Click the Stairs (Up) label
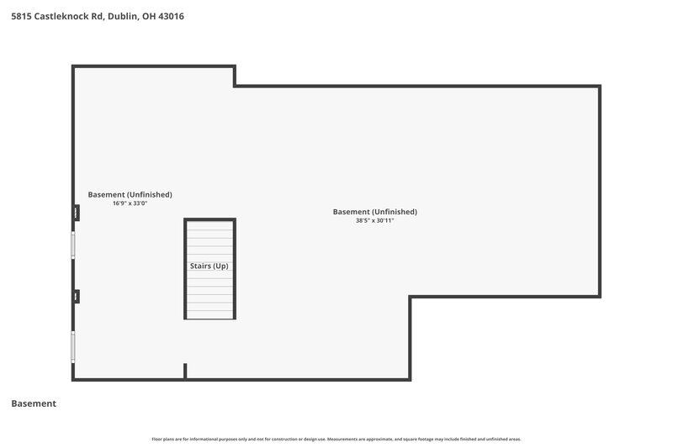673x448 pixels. [209, 266]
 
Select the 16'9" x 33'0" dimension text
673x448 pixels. [130, 203]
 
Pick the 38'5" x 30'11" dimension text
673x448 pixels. [374, 220]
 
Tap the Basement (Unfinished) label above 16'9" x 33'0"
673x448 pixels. [130, 194]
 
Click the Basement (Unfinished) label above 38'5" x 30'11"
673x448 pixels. [374, 212]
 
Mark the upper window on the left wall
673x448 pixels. [73, 245]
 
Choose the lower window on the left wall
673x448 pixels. [73, 346]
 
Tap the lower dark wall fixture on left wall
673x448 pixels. [77, 296]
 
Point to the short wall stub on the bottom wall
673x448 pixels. [185, 371]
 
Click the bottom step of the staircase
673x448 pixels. [210, 313]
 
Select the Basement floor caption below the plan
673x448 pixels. [34, 403]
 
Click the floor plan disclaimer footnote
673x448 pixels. [336, 439]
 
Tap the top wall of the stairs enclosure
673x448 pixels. [210, 219]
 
